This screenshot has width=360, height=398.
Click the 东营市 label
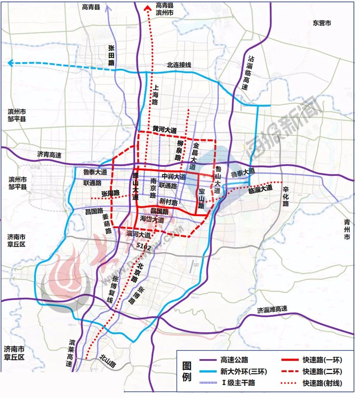coord(322,23)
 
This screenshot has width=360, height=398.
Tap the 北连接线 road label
coord(179,65)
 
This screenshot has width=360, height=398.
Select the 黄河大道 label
coord(164,129)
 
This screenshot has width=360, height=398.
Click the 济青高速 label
coord(49,154)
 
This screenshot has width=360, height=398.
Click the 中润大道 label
coord(174,176)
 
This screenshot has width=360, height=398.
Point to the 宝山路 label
coord(201,198)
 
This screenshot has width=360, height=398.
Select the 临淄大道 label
coord(260,188)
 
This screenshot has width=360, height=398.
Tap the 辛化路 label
coord(285,196)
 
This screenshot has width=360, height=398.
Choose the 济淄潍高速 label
coord(272,310)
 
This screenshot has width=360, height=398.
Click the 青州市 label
coord(347,229)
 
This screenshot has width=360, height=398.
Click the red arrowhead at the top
coord(148,6)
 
